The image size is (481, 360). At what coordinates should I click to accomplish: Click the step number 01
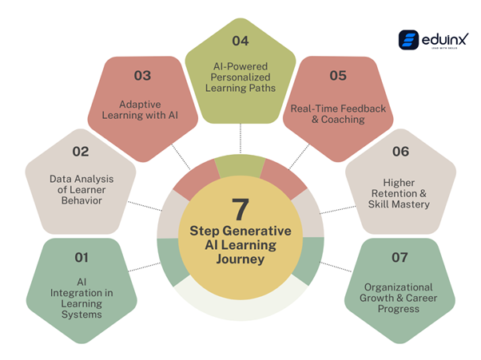click(81, 257)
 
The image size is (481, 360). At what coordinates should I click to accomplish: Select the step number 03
click(142, 76)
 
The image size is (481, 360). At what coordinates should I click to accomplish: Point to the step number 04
click(240, 40)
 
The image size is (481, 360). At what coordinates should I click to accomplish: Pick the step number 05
click(338, 76)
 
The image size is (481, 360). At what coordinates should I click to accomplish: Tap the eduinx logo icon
click(409, 41)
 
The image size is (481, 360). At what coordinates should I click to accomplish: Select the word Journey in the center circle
click(240, 259)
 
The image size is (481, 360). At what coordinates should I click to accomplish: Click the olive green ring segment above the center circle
click(240, 165)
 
